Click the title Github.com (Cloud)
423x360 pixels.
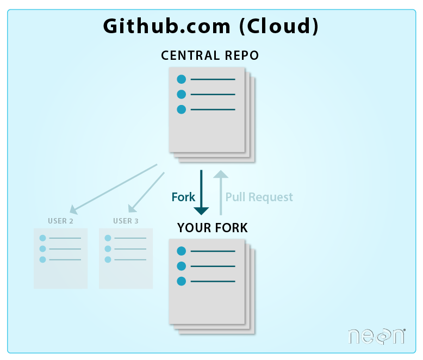tap(211, 26)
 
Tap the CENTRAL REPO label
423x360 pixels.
tap(210, 55)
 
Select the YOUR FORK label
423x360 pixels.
tap(212, 228)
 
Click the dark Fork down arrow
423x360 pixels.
tap(202, 193)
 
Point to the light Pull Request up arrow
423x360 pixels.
tap(220, 193)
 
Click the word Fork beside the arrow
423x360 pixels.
tap(183, 197)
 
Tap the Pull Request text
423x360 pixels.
tap(259, 197)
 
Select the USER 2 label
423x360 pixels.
tap(60, 221)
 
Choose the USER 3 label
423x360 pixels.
tap(126, 221)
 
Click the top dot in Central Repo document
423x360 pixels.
tap(182, 79)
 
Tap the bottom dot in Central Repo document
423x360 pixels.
tap(182, 109)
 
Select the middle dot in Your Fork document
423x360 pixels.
tap(182, 266)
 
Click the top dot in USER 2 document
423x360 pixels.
tap(43, 238)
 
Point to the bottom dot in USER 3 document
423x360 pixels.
tap(108, 259)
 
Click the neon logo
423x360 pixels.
tap(376, 336)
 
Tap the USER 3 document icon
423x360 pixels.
tap(126, 258)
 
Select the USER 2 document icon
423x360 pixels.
tap(60, 258)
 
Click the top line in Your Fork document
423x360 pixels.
tap(213, 251)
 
